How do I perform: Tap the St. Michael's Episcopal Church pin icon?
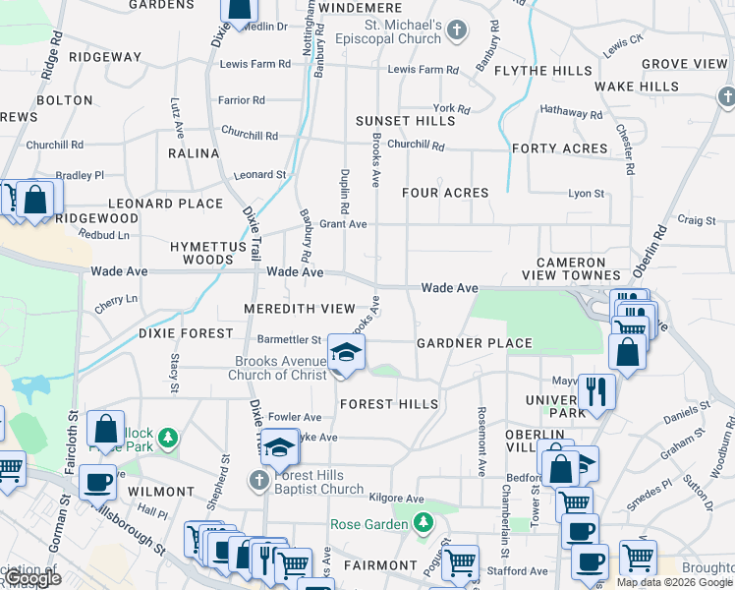(455, 30)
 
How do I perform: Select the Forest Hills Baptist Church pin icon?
(258, 480)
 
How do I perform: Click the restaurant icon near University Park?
(595, 391)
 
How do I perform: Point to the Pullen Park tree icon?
(169, 436)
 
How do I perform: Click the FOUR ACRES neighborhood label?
(445, 193)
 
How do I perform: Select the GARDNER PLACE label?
(475, 343)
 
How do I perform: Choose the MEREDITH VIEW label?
(300, 309)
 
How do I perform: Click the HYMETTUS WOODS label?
(201, 252)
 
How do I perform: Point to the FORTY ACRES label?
(560, 148)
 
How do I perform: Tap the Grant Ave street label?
(343, 224)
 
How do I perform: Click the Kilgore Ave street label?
(396, 499)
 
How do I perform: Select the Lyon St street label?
(586, 194)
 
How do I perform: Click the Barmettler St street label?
(289, 339)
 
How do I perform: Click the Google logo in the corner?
(31, 579)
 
